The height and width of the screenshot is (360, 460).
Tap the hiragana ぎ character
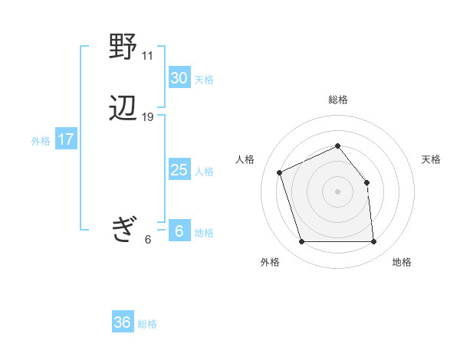point(123,229)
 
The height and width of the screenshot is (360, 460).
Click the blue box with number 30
point(179,78)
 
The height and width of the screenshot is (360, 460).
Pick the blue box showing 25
point(179,170)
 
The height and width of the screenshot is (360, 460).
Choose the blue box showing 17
point(65,139)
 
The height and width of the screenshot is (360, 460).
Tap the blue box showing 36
point(122,322)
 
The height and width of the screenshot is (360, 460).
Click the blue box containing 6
point(179,231)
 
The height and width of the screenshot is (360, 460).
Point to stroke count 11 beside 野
point(147,56)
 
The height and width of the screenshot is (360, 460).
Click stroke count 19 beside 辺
point(147,117)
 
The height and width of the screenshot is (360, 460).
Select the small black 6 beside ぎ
point(147,240)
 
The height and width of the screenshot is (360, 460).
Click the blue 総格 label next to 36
point(147,324)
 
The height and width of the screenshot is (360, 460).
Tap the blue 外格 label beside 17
point(41,141)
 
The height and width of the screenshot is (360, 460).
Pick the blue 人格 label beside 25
point(204,172)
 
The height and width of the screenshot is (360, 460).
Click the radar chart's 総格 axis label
point(337,100)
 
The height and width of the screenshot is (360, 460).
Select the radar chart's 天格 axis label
point(431,159)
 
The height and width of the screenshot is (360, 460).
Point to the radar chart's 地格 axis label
point(402,262)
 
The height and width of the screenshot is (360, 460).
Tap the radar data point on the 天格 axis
point(366,182)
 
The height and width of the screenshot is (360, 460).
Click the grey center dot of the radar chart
point(337,191)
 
